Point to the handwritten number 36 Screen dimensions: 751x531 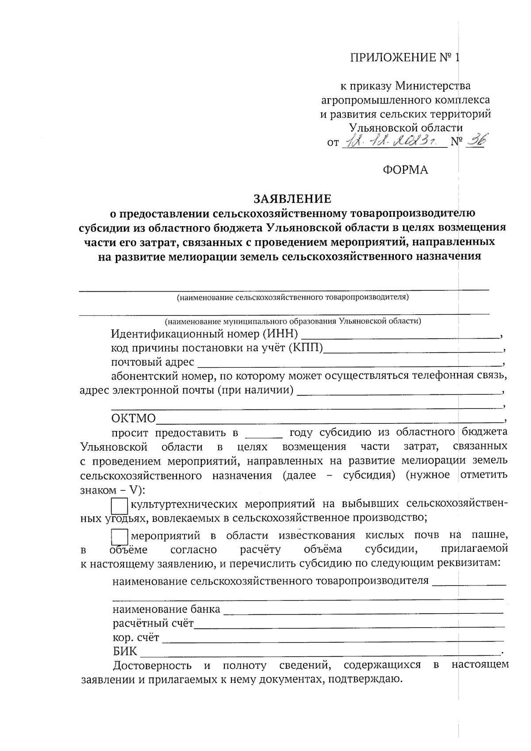473,142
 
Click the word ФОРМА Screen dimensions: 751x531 405,170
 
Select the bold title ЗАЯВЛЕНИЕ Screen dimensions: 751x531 292,198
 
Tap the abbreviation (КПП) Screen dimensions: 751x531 306,348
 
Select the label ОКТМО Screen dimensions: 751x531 134,419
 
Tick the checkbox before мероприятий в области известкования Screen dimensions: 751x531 119,537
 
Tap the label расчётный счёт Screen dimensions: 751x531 153,624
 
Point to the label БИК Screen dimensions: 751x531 125,652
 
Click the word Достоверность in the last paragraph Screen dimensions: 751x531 153,666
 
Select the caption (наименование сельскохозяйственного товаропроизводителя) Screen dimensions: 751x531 292,297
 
